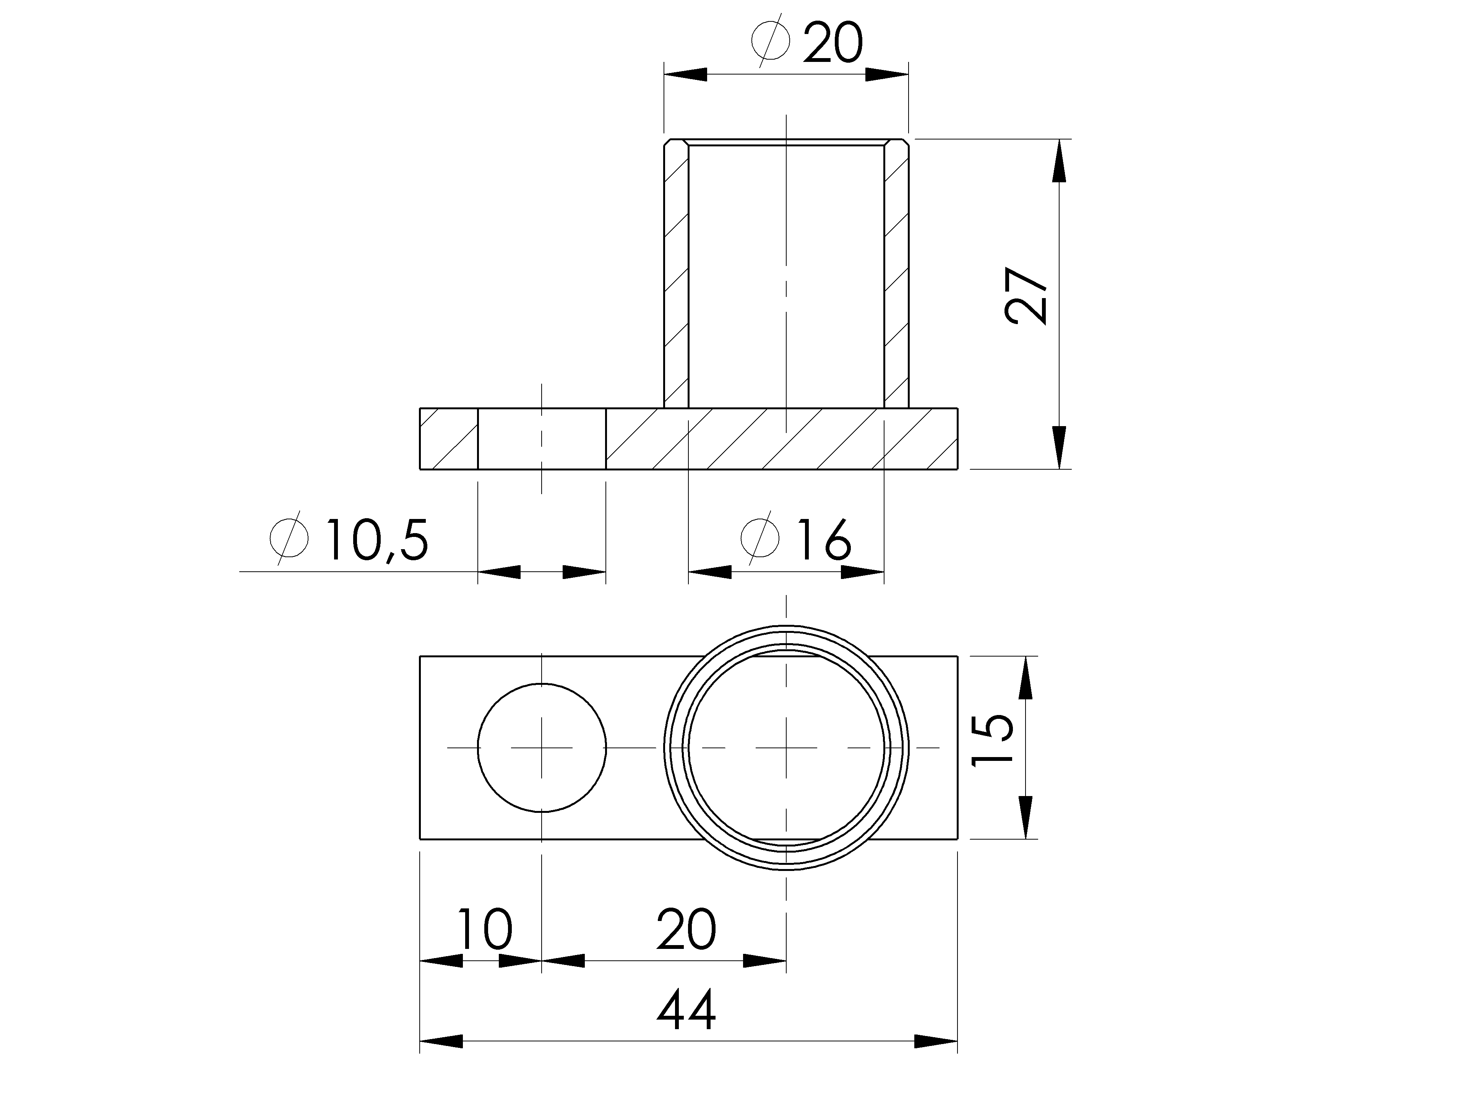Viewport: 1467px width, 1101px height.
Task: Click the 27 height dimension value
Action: (x=1026, y=296)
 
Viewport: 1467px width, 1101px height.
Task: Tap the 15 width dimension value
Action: (x=992, y=739)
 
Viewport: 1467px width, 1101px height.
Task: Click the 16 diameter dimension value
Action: (x=824, y=540)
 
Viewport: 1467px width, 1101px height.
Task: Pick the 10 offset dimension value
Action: (x=485, y=929)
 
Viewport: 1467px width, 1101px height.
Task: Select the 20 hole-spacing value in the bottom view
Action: (x=686, y=929)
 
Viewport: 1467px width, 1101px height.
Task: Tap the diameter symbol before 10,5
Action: (x=289, y=538)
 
